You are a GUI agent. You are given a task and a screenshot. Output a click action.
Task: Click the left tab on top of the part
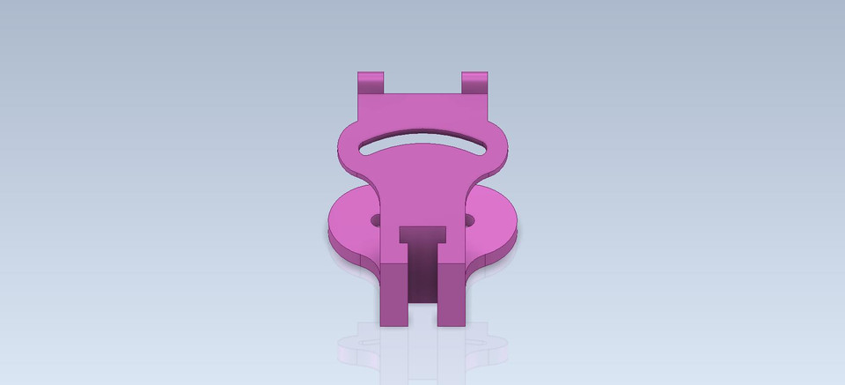tap(371, 84)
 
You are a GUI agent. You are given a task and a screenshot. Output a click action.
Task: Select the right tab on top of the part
tap(474, 83)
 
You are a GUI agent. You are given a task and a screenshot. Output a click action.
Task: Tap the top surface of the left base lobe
tap(352, 220)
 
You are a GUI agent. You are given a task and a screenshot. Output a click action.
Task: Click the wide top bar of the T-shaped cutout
tap(423, 234)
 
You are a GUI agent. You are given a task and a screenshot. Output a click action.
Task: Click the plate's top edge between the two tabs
tap(423, 94)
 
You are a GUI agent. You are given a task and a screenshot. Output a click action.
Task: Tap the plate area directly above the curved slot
tap(423, 115)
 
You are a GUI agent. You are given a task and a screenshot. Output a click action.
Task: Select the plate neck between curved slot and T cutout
tap(423, 189)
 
